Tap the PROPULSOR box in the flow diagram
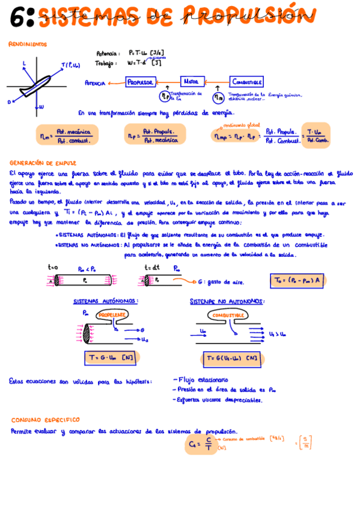pyautogui.click(x=140, y=82)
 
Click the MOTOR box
pyautogui.click(x=191, y=82)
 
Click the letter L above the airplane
pyautogui.click(x=24, y=63)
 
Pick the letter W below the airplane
pyautogui.click(x=41, y=107)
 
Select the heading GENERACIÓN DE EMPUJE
pyautogui.click(x=39, y=162)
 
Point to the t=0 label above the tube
pyautogui.click(x=53, y=267)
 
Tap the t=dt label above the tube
pyautogui.click(x=151, y=267)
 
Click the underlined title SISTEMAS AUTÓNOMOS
pyautogui.click(x=105, y=301)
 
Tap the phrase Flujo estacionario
pyautogui.click(x=203, y=380)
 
